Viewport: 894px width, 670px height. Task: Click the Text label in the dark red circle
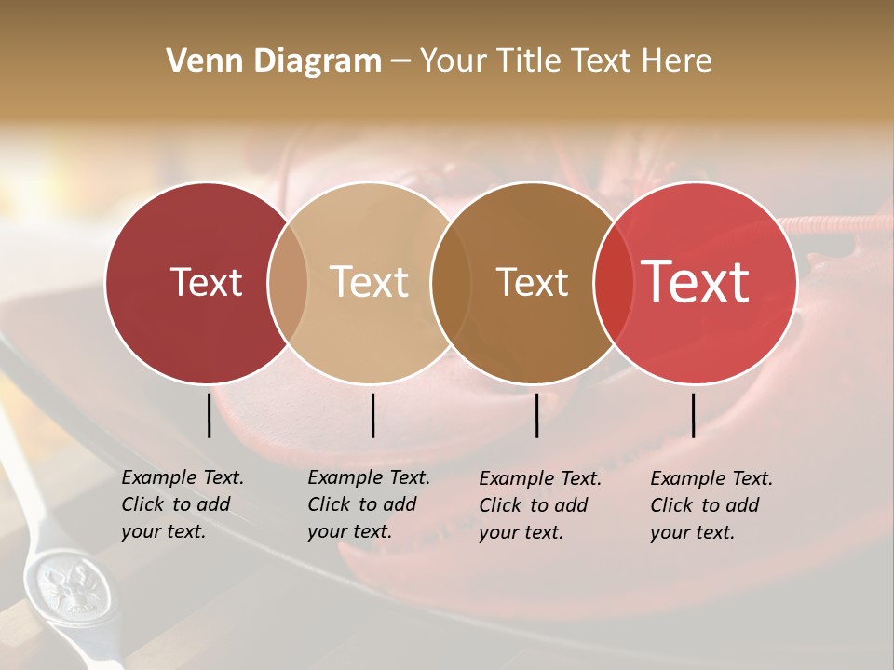coord(206,282)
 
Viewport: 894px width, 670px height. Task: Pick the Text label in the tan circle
coord(369,282)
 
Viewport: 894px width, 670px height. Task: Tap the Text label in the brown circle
coord(532,282)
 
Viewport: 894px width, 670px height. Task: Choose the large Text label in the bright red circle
coord(695,282)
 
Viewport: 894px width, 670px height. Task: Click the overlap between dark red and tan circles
coord(288,282)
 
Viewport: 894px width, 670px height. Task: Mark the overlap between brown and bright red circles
coord(610,282)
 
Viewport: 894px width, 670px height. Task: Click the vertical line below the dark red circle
coord(209,415)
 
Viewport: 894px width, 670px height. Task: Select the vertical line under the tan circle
coord(372,415)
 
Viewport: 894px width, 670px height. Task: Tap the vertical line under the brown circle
coord(536,415)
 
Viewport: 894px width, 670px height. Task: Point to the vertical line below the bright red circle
coord(693,415)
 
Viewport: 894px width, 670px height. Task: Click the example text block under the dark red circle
coord(182,504)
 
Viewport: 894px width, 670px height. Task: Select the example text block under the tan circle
coord(368,504)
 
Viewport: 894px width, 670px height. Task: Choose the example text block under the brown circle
coord(539,505)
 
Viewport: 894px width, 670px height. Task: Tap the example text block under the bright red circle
coord(711,505)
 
